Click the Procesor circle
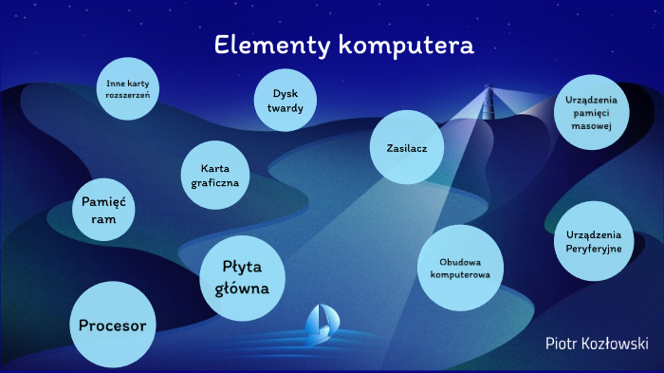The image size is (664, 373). (112, 326)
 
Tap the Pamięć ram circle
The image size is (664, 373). (103, 210)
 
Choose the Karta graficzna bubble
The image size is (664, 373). (214, 175)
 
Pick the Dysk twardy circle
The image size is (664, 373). (285, 102)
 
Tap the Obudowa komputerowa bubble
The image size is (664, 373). (459, 268)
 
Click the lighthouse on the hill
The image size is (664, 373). (489, 103)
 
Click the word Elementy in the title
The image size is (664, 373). (265, 45)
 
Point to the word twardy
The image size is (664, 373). (285, 109)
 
